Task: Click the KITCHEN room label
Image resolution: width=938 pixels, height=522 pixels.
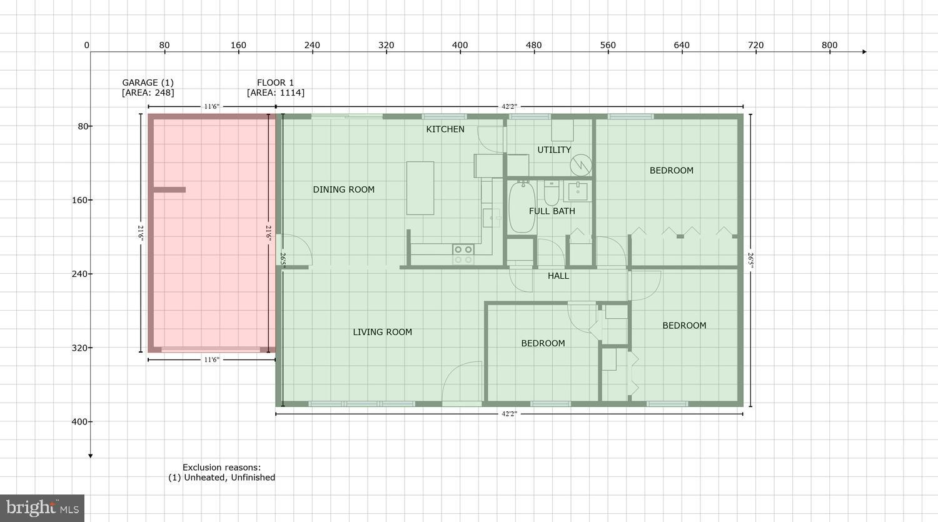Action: (445, 129)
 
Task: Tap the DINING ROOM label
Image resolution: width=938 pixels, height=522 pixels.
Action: (343, 189)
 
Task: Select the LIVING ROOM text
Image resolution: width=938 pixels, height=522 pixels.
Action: (382, 332)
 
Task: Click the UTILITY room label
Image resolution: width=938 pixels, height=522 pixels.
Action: (554, 150)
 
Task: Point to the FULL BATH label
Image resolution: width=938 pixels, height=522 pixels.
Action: (552, 211)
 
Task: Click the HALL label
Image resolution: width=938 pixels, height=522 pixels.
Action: (558, 276)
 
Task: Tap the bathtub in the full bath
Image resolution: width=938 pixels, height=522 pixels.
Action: (522, 208)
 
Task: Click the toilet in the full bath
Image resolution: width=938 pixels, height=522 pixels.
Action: (551, 194)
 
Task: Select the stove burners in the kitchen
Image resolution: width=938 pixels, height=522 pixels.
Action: (463, 254)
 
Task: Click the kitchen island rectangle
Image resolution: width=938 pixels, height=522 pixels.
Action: (420, 188)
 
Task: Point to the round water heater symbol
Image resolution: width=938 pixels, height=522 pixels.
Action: (580, 165)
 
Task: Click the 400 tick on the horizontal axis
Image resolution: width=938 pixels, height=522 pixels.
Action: (460, 45)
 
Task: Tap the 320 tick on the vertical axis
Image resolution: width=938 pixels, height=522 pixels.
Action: (79, 348)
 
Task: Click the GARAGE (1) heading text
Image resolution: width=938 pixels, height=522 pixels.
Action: (148, 83)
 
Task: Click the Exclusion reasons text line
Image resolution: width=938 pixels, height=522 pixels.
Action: (221, 467)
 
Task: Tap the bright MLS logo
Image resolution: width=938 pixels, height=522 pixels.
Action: (42, 508)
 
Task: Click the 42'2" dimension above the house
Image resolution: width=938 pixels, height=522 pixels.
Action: (509, 107)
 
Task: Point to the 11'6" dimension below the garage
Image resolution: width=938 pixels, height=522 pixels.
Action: (211, 359)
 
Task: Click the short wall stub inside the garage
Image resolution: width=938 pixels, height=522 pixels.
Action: (169, 189)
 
